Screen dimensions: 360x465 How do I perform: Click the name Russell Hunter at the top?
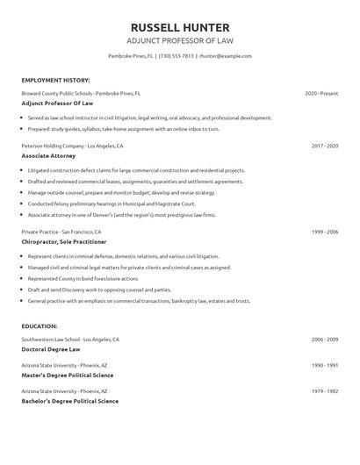[179, 26]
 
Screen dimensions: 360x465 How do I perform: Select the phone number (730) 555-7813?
[188, 55]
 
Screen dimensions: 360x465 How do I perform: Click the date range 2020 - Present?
[321, 93]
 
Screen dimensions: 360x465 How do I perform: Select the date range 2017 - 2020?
[324, 146]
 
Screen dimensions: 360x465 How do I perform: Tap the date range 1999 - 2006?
[324, 232]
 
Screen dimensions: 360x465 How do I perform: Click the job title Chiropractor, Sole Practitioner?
[64, 240]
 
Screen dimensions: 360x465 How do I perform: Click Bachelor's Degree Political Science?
[69, 401]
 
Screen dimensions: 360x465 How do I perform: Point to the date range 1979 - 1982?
[324, 391]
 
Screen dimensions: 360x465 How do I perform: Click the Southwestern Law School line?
[70, 339]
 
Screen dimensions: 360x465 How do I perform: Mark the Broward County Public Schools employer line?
[81, 93]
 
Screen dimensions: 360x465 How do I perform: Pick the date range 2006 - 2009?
[324, 339]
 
